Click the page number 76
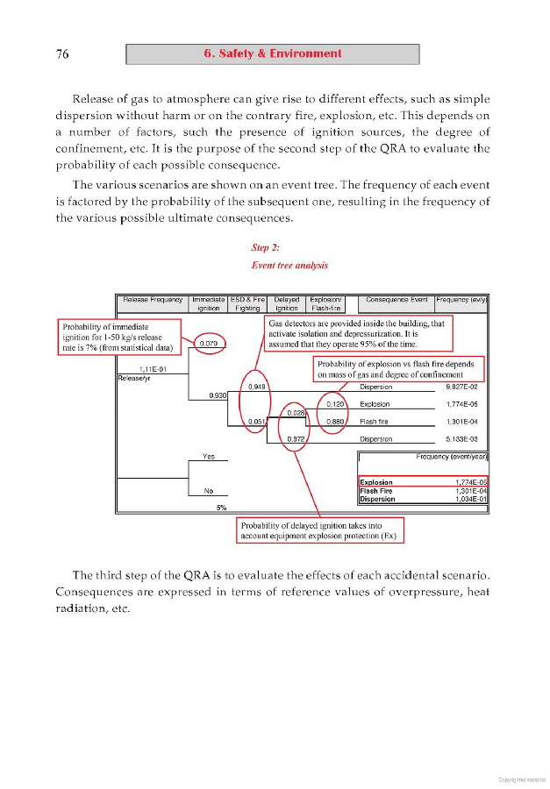point(62,54)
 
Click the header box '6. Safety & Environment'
point(272,53)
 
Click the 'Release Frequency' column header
point(153,300)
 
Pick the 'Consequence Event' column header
point(396,300)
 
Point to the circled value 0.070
point(209,344)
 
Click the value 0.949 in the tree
point(257,386)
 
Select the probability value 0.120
point(334,404)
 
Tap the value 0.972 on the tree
point(296,438)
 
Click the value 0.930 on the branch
point(218,395)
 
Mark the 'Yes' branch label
point(209,457)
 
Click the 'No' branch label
point(209,490)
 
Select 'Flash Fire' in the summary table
point(377,491)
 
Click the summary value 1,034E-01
point(470,499)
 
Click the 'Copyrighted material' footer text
point(521,778)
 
